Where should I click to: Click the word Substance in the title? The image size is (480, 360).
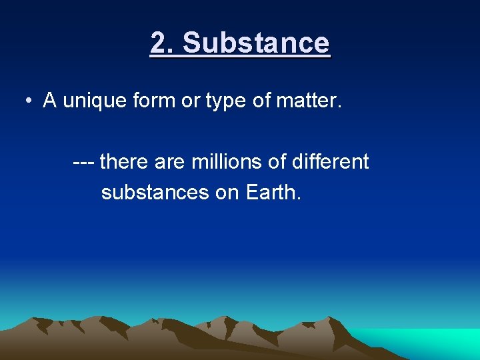(256, 43)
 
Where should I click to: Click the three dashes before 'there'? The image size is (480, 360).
(84, 162)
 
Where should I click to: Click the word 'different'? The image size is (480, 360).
(331, 162)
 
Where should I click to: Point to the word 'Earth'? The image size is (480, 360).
(273, 193)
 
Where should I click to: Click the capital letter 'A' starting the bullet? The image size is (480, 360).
(49, 101)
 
